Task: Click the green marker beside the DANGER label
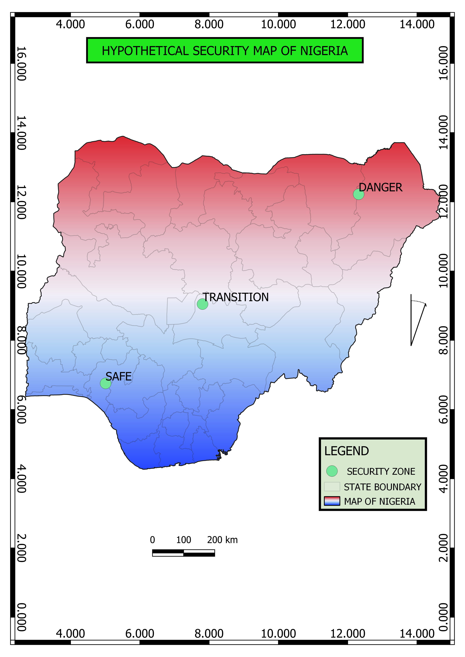click(358, 194)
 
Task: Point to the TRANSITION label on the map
click(236, 297)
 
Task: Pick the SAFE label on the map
click(118, 376)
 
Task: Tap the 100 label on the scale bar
click(184, 540)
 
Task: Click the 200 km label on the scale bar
click(223, 540)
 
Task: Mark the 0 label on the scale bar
click(152, 540)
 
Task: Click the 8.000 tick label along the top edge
click(209, 24)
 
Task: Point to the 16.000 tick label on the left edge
click(22, 64)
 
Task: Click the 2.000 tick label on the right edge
click(443, 548)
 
